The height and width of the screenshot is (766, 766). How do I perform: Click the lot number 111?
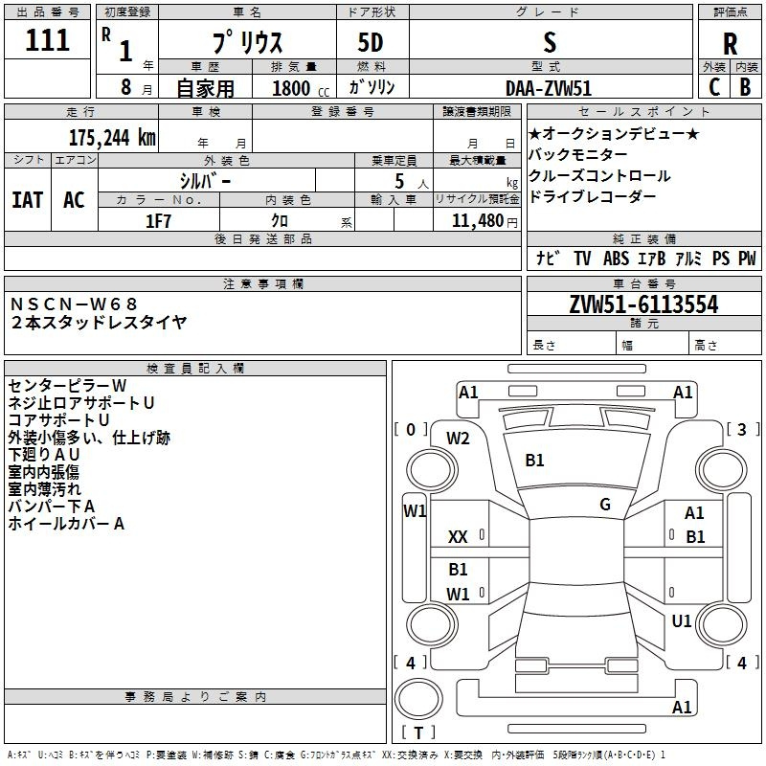pos(47,40)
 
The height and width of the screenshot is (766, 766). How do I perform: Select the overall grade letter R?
pos(730,44)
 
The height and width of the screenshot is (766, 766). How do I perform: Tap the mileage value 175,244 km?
pos(112,138)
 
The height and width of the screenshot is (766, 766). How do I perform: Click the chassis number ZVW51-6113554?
pos(643,304)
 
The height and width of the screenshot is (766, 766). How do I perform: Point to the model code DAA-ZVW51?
pos(549,88)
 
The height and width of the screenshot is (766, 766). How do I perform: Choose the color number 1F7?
pos(158,221)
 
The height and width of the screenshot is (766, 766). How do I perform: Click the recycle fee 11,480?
pos(477,221)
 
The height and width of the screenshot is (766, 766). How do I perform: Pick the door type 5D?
pos(371,43)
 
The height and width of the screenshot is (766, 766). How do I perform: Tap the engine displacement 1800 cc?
pos(301,88)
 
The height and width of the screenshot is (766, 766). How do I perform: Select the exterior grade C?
pos(714,87)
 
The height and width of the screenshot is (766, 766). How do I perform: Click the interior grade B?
pos(745,87)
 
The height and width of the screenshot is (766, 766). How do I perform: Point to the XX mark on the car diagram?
pos(458,537)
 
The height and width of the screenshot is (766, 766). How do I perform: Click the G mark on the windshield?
pos(605,505)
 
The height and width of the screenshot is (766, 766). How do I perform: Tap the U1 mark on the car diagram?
pos(682,620)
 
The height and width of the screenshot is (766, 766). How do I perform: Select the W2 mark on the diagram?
pos(458,439)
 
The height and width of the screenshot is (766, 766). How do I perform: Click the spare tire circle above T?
pos(418,698)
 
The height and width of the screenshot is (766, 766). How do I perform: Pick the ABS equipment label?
pos(616,258)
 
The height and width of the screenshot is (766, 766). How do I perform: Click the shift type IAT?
pos(28,200)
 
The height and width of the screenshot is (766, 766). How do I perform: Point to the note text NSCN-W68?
pos(74,304)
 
